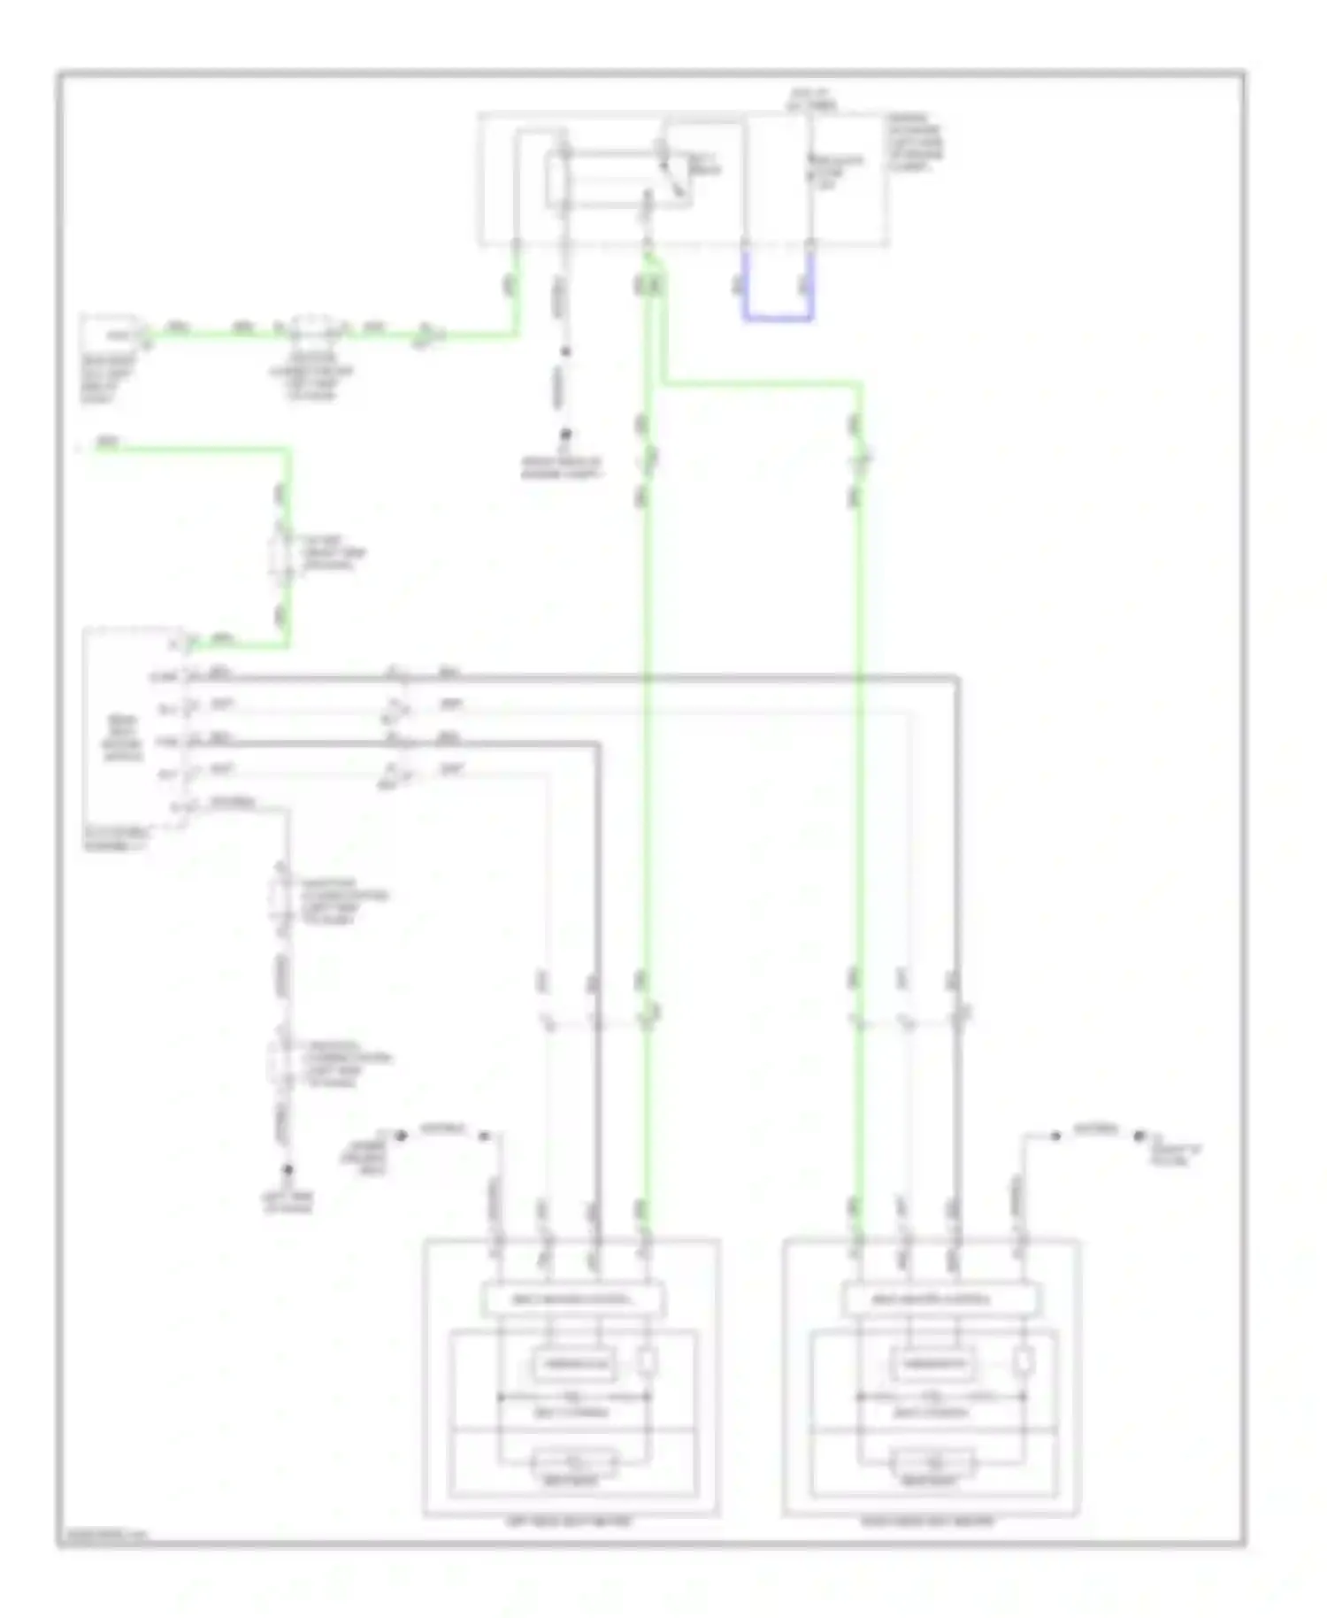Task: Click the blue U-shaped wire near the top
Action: pos(777,315)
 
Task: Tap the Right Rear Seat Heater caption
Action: pos(928,1522)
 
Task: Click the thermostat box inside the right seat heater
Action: pos(934,1363)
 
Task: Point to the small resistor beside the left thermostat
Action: pos(648,1362)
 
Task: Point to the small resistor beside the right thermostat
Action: pos(1024,1362)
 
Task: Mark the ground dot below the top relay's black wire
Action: pos(564,435)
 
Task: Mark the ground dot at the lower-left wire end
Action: pos(288,1169)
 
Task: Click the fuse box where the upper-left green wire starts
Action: pos(111,335)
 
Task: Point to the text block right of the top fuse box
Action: pos(916,142)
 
